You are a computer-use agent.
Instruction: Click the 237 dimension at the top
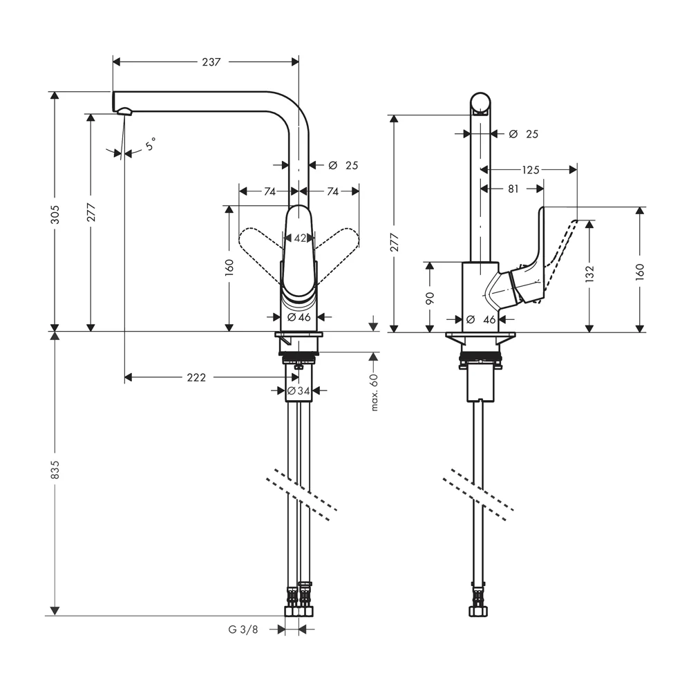click(x=211, y=62)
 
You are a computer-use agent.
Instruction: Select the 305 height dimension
click(x=55, y=214)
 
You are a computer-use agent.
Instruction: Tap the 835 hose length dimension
click(x=55, y=470)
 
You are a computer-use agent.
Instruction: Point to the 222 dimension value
click(x=196, y=378)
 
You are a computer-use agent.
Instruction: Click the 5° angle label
click(x=151, y=144)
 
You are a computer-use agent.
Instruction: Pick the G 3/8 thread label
click(x=243, y=630)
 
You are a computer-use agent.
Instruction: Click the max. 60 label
click(x=375, y=392)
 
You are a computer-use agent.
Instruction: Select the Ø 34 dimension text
click(x=299, y=390)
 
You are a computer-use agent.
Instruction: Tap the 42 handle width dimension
click(x=300, y=238)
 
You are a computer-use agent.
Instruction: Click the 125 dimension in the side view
click(x=531, y=170)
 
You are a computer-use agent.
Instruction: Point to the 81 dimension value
click(x=513, y=189)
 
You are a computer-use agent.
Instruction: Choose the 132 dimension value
click(x=589, y=273)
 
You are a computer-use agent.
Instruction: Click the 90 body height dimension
click(x=430, y=298)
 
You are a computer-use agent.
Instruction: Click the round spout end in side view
click(x=480, y=104)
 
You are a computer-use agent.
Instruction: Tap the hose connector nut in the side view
click(x=478, y=610)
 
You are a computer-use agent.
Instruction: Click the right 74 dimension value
click(x=333, y=191)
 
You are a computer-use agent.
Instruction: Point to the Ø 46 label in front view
click(x=299, y=317)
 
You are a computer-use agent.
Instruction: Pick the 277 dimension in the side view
click(x=395, y=243)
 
